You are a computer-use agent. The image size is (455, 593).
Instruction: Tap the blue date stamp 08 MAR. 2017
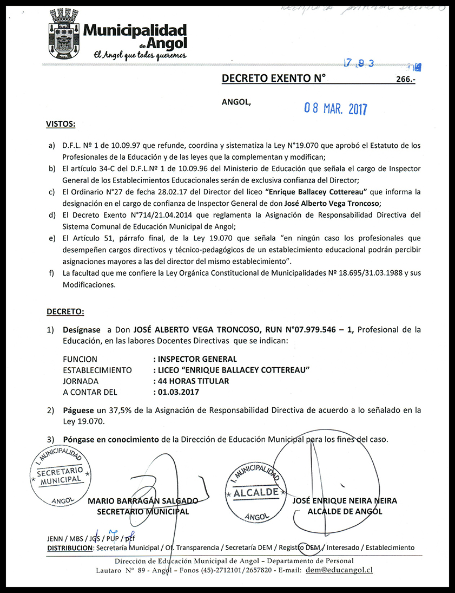click(335, 108)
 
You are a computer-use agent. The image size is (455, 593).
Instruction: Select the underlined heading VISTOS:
click(61, 124)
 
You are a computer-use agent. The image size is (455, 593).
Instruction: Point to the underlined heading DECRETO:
click(65, 312)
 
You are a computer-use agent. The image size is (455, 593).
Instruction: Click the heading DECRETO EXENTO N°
click(274, 78)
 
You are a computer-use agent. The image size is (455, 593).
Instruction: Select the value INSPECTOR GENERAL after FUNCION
click(195, 359)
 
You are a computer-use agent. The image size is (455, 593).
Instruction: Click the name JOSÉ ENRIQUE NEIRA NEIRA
click(345, 501)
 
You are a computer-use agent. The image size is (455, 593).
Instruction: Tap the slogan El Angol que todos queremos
click(140, 55)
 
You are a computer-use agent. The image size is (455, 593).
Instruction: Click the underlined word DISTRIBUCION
click(70, 548)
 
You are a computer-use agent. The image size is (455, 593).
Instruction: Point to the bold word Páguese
click(79, 410)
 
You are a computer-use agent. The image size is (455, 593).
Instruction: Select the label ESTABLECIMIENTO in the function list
click(97, 370)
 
